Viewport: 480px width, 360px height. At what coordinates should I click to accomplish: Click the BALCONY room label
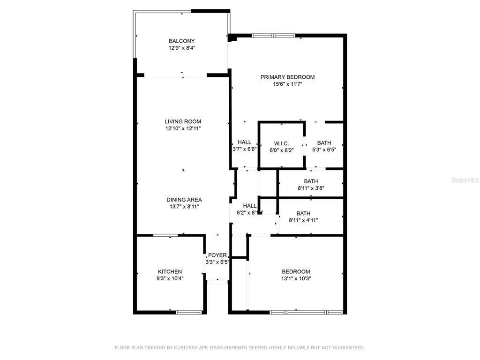(182, 41)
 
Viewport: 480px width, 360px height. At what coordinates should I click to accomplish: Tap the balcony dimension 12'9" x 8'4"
(182, 48)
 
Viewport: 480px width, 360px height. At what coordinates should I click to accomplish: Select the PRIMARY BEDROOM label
(287, 77)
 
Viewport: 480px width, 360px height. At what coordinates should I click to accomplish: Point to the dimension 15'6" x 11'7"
(287, 84)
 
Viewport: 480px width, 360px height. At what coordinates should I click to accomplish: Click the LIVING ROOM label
(182, 122)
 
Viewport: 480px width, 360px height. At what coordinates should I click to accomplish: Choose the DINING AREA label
(184, 200)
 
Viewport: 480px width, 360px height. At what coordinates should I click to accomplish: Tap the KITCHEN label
(170, 272)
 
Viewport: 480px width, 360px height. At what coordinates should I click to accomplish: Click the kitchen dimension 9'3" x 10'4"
(170, 278)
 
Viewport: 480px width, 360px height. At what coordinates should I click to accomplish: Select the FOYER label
(217, 255)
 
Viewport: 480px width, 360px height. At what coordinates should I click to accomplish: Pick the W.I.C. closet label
(281, 143)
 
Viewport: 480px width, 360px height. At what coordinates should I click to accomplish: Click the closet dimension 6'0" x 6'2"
(281, 150)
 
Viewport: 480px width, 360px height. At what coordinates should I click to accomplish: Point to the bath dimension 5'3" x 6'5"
(324, 150)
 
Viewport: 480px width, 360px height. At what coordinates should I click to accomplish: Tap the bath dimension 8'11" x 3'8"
(311, 188)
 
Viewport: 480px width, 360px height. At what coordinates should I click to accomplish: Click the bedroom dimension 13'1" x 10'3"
(296, 278)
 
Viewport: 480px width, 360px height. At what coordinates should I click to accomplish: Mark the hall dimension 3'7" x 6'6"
(244, 150)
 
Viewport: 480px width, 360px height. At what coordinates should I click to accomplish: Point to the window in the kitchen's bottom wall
(189, 312)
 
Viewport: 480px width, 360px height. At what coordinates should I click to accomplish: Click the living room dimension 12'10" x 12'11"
(182, 128)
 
